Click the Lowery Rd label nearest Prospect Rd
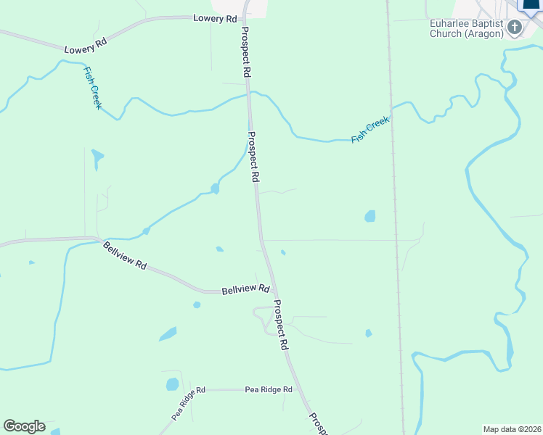215,18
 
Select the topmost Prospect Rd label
245,53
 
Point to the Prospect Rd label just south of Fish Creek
253,156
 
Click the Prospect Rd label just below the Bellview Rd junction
282,326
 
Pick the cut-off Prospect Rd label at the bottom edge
318,425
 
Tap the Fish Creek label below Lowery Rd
93,87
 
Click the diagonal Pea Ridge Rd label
189,403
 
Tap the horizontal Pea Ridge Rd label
268,389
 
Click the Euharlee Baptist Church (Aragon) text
467,28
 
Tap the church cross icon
515,28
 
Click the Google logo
24,426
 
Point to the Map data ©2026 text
513,429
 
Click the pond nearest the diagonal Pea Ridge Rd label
172,384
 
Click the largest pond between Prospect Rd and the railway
370,216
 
